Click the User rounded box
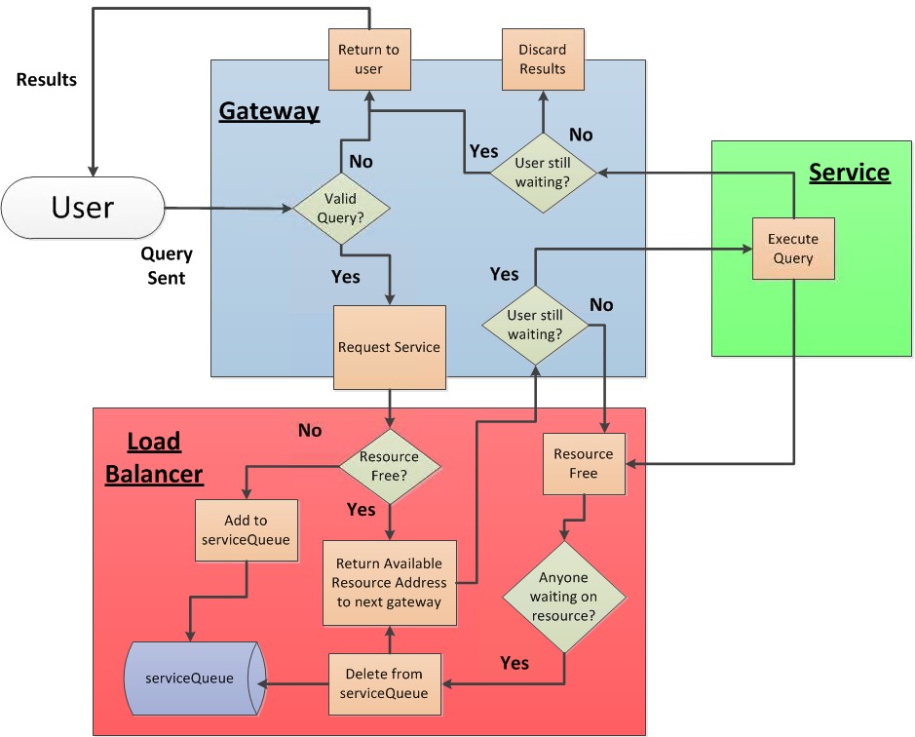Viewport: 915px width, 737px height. pyautogui.click(x=83, y=207)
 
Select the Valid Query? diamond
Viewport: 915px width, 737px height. pyautogui.click(x=341, y=208)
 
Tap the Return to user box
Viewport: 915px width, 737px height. pyautogui.click(x=368, y=59)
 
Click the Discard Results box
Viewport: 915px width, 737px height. pyautogui.click(x=542, y=59)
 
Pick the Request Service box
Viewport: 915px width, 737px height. pyautogui.click(x=389, y=347)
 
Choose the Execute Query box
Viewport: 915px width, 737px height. pyautogui.click(x=792, y=249)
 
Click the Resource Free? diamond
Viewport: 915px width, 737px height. pyautogui.click(x=389, y=466)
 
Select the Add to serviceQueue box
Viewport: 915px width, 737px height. pyautogui.click(x=246, y=530)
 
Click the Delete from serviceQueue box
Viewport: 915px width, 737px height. pyautogui.click(x=383, y=683)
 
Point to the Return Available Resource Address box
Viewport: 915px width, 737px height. pyautogui.click(x=389, y=582)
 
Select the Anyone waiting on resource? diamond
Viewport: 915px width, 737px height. pyautogui.click(x=564, y=597)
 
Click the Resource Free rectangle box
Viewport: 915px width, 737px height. pyautogui.click(x=583, y=464)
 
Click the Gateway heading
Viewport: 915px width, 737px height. pyautogui.click(x=269, y=111)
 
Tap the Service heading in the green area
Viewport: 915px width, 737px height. pyautogui.click(x=849, y=173)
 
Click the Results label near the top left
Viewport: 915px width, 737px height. pyautogui.click(x=47, y=80)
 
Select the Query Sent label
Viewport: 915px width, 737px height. pyautogui.click(x=167, y=265)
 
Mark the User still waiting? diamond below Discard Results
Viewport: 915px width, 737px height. pyautogui.click(x=542, y=173)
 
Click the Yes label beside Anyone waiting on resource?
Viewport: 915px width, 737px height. pyautogui.click(x=515, y=663)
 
